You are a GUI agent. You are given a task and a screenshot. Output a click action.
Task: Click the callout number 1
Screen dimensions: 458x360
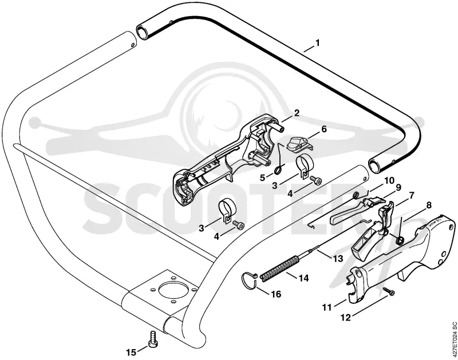point(318,43)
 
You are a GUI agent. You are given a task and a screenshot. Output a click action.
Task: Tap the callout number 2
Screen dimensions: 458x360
point(297,113)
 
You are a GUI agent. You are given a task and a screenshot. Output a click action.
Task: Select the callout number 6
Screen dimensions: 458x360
point(324,129)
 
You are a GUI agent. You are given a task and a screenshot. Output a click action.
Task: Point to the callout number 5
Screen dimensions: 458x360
point(262,177)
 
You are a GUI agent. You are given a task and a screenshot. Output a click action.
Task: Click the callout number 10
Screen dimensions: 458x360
point(389,180)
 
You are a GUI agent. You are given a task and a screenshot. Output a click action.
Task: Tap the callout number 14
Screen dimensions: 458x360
point(303,278)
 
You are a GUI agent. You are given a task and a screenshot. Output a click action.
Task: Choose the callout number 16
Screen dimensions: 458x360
point(275,294)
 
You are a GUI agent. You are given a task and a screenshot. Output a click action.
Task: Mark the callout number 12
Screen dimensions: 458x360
point(346,318)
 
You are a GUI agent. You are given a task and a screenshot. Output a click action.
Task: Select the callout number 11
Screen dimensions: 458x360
point(327,307)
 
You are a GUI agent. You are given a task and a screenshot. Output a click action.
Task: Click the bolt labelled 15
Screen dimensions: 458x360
point(153,339)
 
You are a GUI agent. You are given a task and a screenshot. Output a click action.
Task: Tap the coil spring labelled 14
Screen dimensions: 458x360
point(279,268)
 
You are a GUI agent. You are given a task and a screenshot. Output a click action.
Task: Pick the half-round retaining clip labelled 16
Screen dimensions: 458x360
point(249,280)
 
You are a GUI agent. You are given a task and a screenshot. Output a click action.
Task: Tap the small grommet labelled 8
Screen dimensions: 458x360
point(399,240)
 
